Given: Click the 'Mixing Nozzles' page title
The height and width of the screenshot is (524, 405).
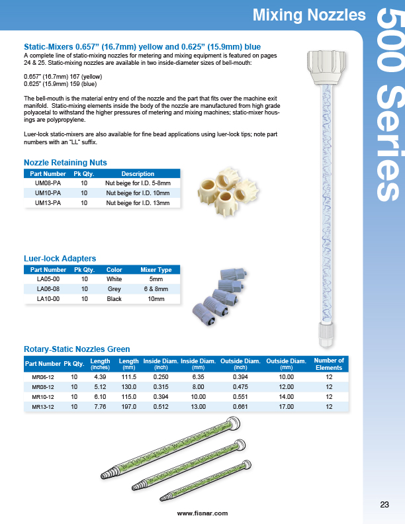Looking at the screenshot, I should point(309,15).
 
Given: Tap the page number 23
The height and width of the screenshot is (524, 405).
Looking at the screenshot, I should point(384,505).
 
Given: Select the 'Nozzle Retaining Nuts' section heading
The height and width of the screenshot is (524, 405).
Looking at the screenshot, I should point(65,162).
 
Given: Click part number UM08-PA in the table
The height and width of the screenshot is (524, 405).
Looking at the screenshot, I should point(48,183).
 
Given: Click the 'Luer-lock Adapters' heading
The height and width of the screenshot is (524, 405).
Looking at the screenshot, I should point(60,258).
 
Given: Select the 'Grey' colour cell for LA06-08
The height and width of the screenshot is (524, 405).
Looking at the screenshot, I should point(114,289).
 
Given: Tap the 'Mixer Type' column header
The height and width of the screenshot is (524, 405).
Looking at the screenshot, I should point(156,270).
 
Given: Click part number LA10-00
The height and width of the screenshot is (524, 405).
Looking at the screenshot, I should point(48,299).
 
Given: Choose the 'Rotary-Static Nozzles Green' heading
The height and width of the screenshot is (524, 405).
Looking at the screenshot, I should point(77,349).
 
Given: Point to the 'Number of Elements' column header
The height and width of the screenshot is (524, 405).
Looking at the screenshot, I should point(329,364).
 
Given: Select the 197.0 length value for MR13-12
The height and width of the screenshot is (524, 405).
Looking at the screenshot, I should point(128,407).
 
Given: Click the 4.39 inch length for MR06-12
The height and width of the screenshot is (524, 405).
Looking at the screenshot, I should point(100,376).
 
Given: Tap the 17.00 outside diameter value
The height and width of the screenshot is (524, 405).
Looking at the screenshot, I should point(286,407).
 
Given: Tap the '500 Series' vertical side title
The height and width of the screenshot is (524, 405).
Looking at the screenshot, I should point(388,106).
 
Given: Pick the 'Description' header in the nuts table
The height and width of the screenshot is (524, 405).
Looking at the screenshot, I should point(138,174).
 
